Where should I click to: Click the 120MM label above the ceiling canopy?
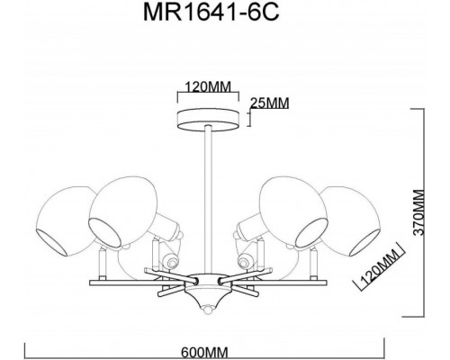pos(203,87)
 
